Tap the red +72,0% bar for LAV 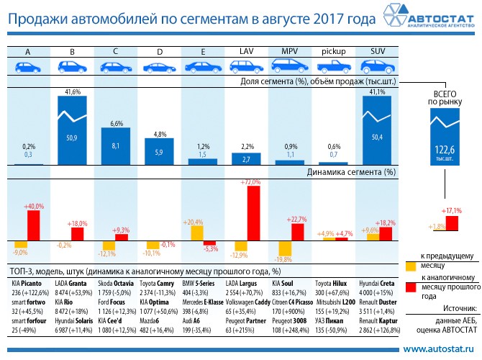[253, 214]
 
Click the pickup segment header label [333, 52]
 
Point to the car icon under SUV [377, 66]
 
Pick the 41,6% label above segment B [73, 93]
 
